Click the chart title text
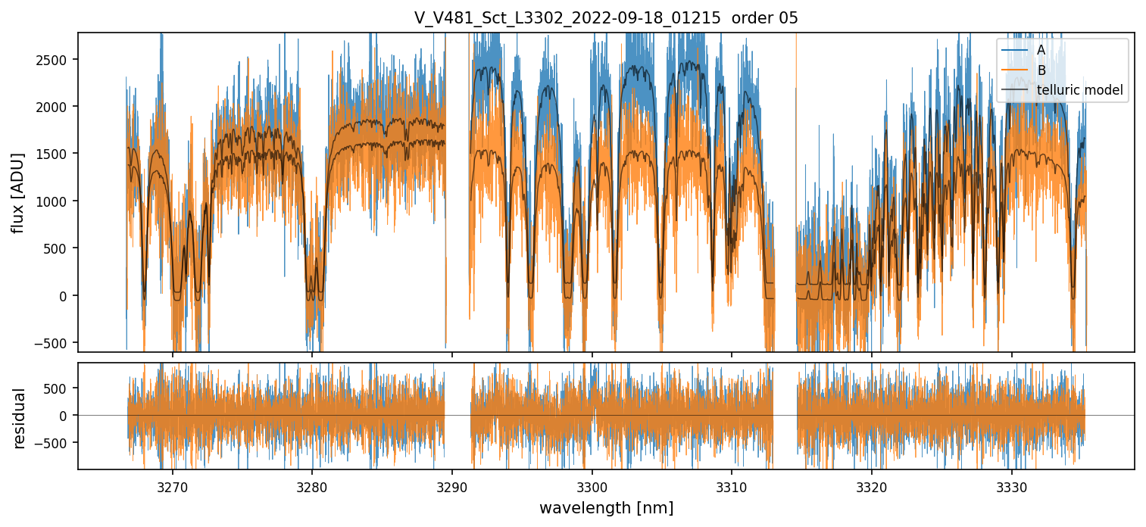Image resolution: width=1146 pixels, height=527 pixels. click(606, 18)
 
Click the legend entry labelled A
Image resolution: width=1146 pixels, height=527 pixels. click(1041, 50)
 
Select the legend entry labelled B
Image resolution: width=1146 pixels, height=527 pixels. click(1041, 70)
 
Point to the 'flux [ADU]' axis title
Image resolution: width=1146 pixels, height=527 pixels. click(19, 192)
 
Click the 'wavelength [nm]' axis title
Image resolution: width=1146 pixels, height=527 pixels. click(606, 507)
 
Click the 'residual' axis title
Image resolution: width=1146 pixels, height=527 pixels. click(19, 418)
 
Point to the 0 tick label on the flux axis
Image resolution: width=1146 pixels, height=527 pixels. click(64, 295)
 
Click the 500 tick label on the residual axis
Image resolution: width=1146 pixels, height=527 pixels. click(58, 388)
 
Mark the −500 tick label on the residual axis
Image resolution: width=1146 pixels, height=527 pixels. click(55, 443)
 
